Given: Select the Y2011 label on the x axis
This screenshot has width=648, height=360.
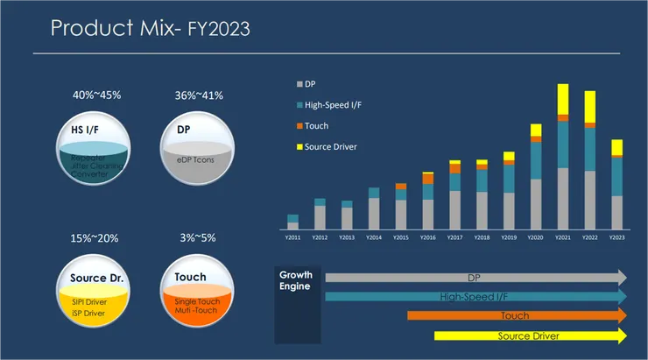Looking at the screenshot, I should [292, 237].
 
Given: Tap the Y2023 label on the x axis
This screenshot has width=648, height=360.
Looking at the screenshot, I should [616, 237].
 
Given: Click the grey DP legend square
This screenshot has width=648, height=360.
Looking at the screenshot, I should [299, 84].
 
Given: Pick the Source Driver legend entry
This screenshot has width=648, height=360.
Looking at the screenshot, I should [331, 145].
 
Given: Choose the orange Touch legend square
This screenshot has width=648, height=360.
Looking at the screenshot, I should [299, 125].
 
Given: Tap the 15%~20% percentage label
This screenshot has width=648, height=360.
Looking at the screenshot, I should [95, 237].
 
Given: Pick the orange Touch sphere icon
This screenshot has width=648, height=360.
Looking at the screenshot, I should [196, 290].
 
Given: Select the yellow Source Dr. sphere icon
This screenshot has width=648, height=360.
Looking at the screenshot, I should [95, 290].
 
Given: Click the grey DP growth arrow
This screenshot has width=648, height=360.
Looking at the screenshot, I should [474, 278].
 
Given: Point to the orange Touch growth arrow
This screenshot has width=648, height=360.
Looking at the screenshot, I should [515, 315].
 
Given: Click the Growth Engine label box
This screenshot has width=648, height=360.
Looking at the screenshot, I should [296, 303].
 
